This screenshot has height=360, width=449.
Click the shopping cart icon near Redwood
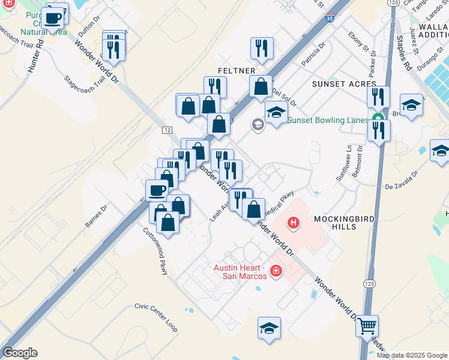(x=367, y=327)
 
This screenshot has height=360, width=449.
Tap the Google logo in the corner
(x=20, y=353)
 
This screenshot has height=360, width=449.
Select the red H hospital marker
(x=294, y=224)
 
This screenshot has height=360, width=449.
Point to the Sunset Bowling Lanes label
(x=328, y=120)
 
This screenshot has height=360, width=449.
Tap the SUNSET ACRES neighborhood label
(x=340, y=84)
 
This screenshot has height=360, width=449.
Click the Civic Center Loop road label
(x=156, y=317)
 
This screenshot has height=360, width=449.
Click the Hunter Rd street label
(x=35, y=56)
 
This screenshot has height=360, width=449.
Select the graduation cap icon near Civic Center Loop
(x=269, y=328)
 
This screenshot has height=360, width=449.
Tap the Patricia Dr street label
(x=313, y=53)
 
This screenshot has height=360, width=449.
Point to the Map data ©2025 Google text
(x=412, y=355)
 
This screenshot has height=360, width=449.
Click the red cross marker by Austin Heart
(x=276, y=271)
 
